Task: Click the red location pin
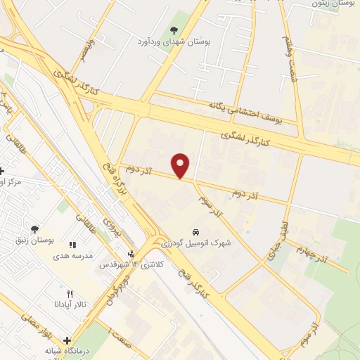click(x=181, y=165)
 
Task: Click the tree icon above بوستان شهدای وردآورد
click(x=174, y=30)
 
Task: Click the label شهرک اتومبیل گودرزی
click(x=195, y=243)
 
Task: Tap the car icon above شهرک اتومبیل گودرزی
click(x=195, y=231)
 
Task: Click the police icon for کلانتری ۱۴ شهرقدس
click(x=130, y=254)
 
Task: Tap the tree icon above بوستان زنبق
click(x=34, y=229)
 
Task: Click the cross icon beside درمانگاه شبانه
click(x=67, y=341)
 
